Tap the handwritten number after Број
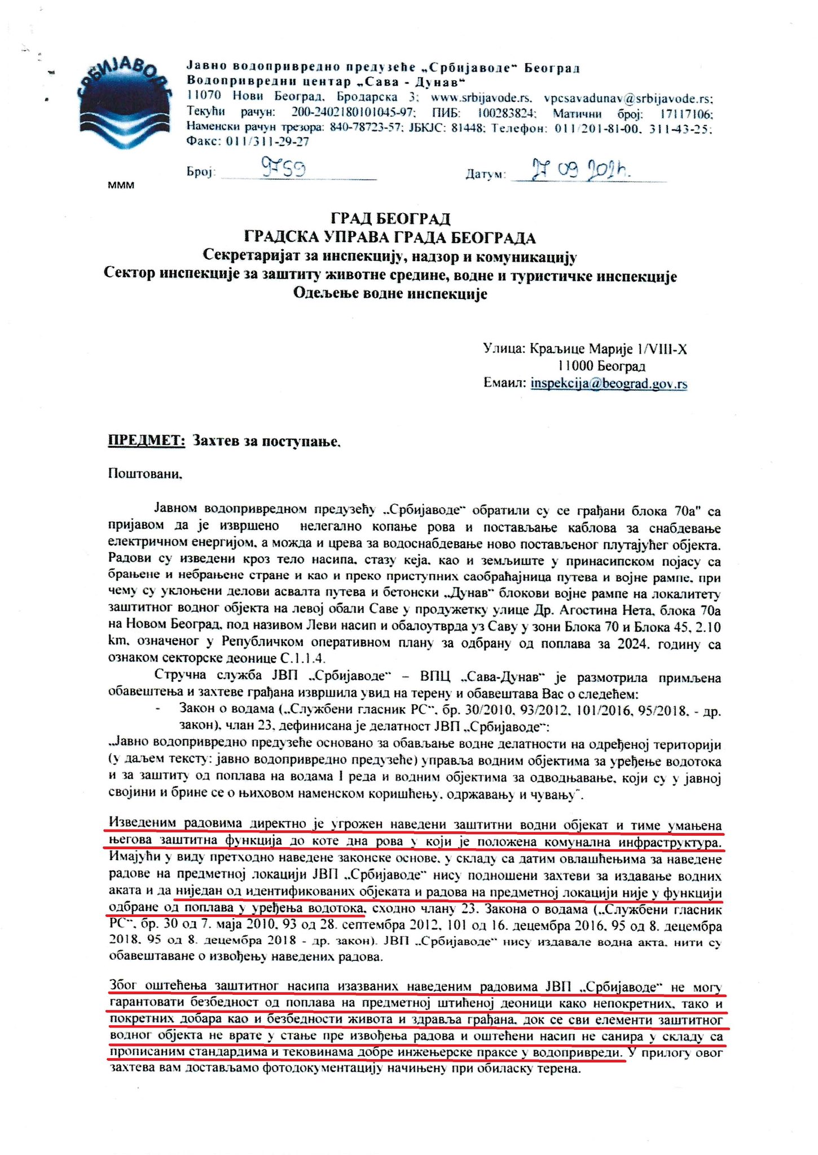pyautogui.click(x=284, y=167)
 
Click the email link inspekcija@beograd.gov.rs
pyautogui.click(x=609, y=383)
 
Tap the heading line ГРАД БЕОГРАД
pyautogui.click(x=390, y=218)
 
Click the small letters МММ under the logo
pyautogui.click(x=121, y=184)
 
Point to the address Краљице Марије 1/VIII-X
pyautogui.click(x=609, y=349)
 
